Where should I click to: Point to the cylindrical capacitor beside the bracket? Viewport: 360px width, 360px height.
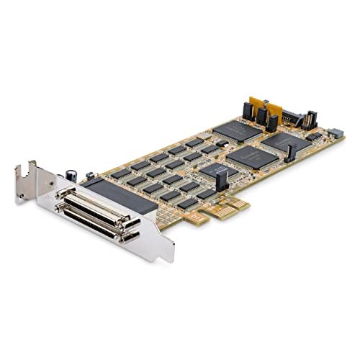click(x=72, y=174)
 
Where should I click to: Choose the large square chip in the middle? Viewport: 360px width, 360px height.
click(x=253, y=156)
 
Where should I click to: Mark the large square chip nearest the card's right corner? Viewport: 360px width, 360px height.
click(x=287, y=142)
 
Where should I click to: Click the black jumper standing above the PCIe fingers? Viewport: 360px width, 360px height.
click(x=221, y=181)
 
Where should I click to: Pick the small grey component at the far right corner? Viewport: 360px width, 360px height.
click(x=336, y=134)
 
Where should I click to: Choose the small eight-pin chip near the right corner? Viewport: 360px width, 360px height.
click(x=314, y=135)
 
